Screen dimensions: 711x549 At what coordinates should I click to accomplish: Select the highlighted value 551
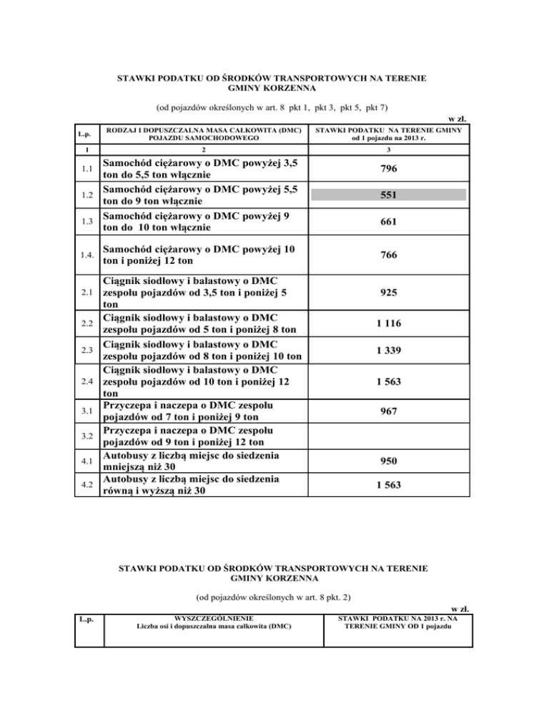(x=389, y=195)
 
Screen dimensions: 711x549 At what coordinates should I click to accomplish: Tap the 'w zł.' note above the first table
(x=458, y=118)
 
